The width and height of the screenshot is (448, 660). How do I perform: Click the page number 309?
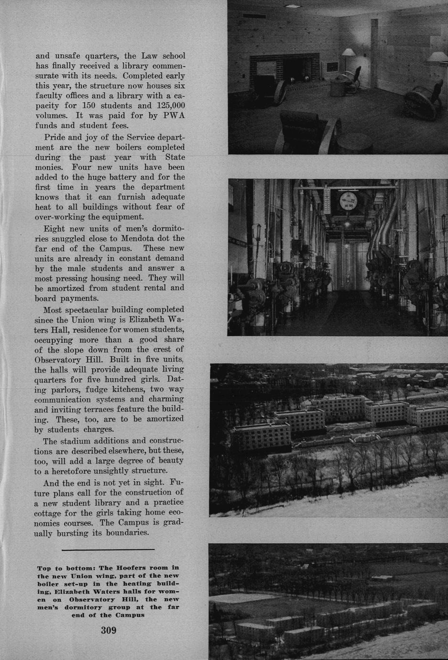pyautogui.click(x=109, y=630)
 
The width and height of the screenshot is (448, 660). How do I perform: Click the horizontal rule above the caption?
pyautogui.click(x=108, y=550)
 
